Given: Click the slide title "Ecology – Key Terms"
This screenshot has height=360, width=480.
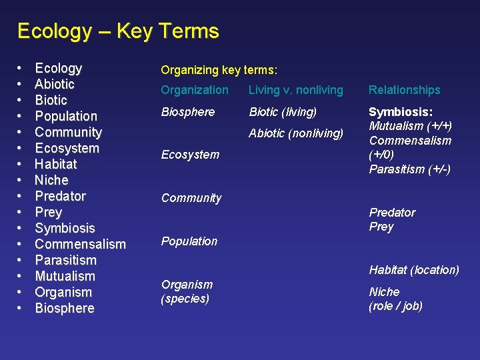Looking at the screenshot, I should pyautogui.click(x=118, y=31).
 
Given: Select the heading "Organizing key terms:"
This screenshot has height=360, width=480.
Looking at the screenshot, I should pyautogui.click(x=219, y=69).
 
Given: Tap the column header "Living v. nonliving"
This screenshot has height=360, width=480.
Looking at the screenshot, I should pyautogui.click(x=295, y=90).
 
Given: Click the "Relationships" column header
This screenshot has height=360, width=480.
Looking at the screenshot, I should pyautogui.click(x=405, y=90).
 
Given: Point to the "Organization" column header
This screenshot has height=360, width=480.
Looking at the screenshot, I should pyautogui.click(x=195, y=90).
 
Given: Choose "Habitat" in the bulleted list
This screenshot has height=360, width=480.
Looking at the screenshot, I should pyautogui.click(x=56, y=164).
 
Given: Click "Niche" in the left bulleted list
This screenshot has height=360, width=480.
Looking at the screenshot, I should pyautogui.click(x=51, y=180).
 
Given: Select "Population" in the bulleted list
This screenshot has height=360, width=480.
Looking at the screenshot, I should pyautogui.click(x=66, y=116).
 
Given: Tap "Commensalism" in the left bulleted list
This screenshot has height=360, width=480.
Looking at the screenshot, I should pyautogui.click(x=80, y=244).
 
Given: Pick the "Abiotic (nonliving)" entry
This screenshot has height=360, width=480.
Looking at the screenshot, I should pyautogui.click(x=296, y=133).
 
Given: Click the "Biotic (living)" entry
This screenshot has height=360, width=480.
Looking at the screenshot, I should pyautogui.click(x=283, y=112).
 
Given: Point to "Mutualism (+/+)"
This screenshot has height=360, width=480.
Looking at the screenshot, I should pyautogui.click(x=410, y=126).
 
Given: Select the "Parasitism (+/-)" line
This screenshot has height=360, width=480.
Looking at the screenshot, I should pyautogui.click(x=410, y=169).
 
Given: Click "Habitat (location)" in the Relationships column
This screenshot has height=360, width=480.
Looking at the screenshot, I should pyautogui.click(x=414, y=270).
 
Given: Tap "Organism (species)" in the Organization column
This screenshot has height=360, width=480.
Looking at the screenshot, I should pyautogui.click(x=187, y=291).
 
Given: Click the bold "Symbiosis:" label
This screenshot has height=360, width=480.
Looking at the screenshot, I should pyautogui.click(x=401, y=112).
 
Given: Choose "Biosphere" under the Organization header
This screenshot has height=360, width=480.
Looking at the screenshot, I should pyautogui.click(x=189, y=112).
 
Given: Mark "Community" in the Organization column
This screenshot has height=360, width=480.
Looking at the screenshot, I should pyautogui.click(x=191, y=198).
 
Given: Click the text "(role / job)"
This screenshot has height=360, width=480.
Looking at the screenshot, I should pyautogui.click(x=395, y=306).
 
